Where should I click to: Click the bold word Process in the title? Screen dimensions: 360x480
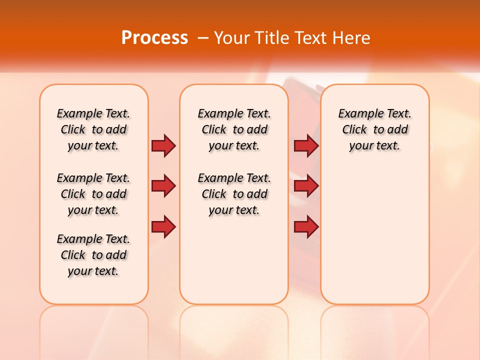[x=154, y=38]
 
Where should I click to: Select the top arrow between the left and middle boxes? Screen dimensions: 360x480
[x=163, y=145]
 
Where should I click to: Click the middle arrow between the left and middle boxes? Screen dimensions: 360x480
[x=163, y=186]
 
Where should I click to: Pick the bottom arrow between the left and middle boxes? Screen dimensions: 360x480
[x=163, y=227]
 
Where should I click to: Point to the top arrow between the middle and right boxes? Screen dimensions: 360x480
[x=306, y=145]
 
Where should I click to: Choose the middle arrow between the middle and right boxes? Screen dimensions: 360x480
[x=306, y=186]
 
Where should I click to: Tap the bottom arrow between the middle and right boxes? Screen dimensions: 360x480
[x=306, y=227]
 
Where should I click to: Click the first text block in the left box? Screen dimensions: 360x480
[x=93, y=129]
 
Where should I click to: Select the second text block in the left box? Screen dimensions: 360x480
[x=93, y=194]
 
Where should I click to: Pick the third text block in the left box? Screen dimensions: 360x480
[x=93, y=255]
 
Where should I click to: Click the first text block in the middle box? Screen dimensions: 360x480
[x=234, y=129]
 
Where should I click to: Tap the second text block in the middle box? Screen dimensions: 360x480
[x=234, y=194]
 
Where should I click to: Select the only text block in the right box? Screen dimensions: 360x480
[x=374, y=129]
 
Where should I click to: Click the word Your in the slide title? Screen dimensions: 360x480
[x=231, y=38]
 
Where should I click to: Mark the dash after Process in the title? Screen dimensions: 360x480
[x=203, y=38]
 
